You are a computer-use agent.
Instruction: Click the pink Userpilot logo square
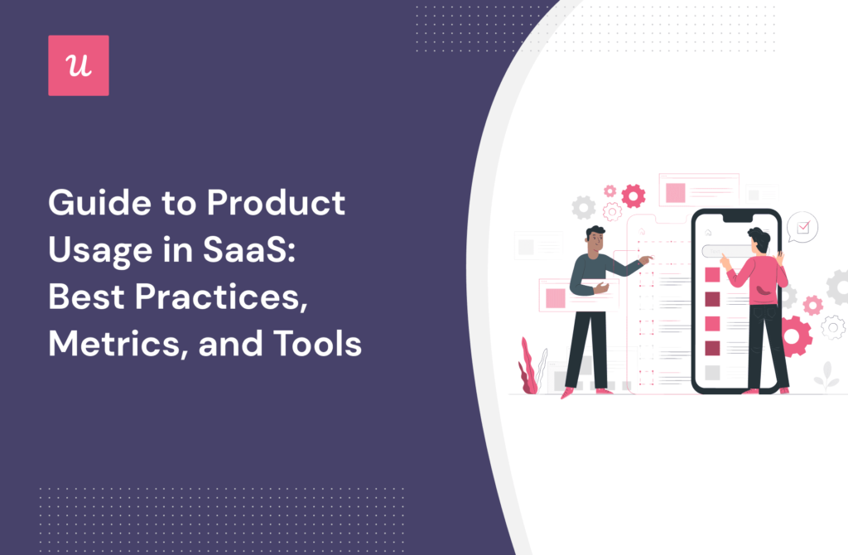(x=78, y=65)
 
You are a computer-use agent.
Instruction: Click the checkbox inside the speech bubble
(x=802, y=225)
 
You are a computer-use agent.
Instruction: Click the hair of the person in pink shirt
(x=759, y=237)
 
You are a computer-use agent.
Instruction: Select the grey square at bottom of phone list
(x=711, y=372)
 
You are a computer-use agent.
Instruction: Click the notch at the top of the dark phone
(x=735, y=216)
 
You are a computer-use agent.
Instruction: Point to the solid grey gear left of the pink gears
(x=584, y=207)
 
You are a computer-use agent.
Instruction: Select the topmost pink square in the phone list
(x=711, y=273)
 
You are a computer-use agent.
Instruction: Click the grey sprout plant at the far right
(x=825, y=377)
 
